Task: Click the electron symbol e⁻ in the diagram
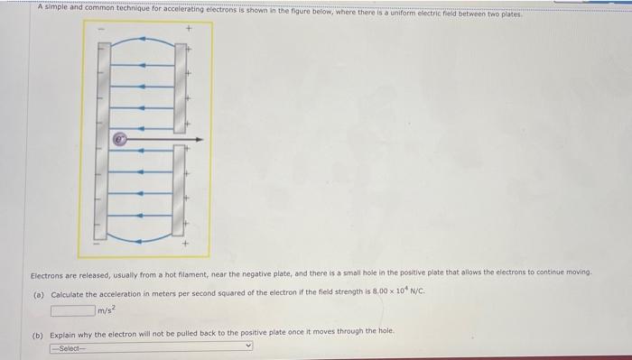(119, 140)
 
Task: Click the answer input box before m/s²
(72, 311)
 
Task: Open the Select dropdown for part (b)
(151, 346)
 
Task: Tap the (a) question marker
(38, 295)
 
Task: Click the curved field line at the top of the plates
(144, 42)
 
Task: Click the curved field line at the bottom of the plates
(144, 237)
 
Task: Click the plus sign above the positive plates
(189, 29)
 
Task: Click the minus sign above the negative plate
(102, 29)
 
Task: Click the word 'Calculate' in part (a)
(68, 295)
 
